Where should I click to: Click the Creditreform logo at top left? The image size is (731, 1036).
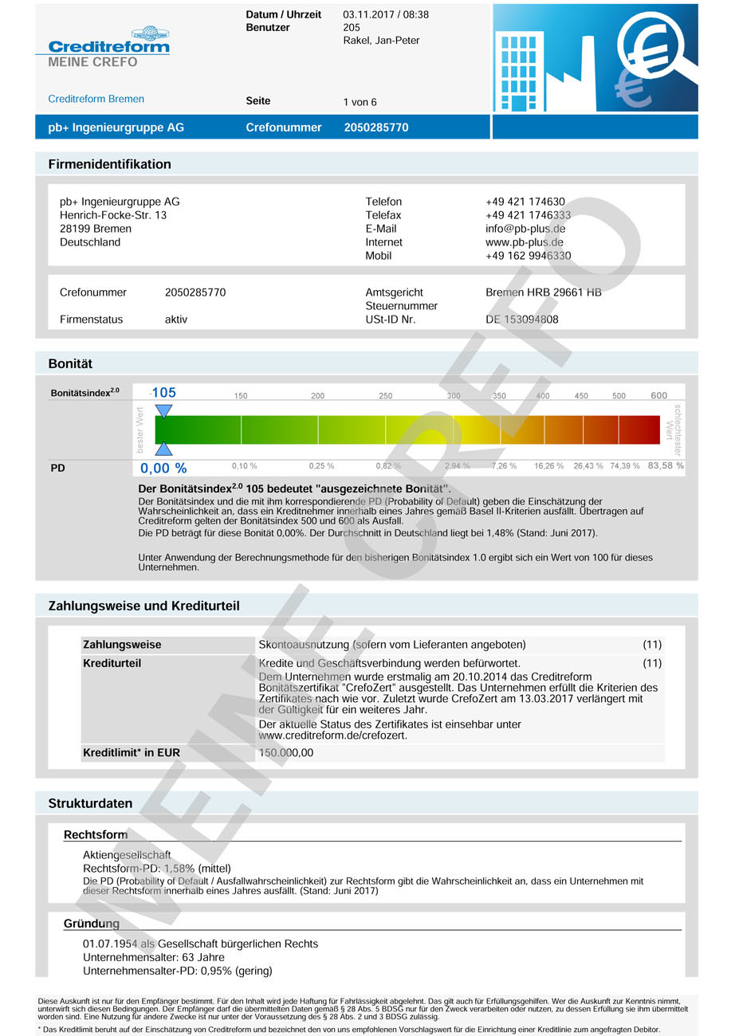(x=109, y=45)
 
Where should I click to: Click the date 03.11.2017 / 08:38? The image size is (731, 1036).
(x=386, y=14)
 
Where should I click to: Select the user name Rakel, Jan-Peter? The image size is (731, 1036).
(x=381, y=41)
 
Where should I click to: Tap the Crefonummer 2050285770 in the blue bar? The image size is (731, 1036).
(x=376, y=128)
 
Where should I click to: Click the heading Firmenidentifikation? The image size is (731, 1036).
(x=110, y=164)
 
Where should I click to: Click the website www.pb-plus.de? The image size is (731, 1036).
(x=525, y=242)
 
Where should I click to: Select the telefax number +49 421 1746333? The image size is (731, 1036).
(x=528, y=215)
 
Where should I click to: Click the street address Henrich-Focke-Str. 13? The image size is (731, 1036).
(x=113, y=215)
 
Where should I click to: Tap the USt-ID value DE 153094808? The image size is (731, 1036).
(x=522, y=320)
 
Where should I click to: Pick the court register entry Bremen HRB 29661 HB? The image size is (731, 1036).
(x=544, y=292)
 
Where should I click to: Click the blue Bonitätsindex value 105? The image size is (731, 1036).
(x=163, y=393)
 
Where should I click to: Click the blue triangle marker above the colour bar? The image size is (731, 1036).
(x=163, y=411)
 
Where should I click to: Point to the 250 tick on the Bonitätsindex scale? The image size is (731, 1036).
(x=386, y=396)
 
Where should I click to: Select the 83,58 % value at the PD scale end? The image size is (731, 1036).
(x=666, y=465)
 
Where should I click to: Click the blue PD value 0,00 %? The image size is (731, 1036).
(x=163, y=469)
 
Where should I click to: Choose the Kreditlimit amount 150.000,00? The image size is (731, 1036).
(x=286, y=752)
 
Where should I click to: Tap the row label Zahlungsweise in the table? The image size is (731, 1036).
(x=122, y=645)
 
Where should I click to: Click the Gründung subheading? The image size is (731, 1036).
(x=92, y=924)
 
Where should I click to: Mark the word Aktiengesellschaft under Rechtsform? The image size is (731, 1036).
(x=127, y=855)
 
